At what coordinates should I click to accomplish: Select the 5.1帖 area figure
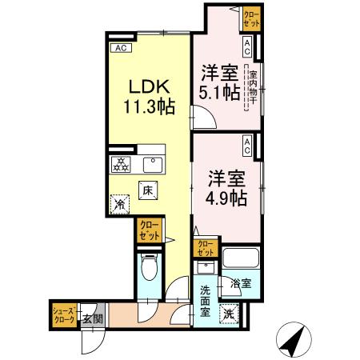click(218, 91)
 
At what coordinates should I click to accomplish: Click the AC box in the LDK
click(122, 49)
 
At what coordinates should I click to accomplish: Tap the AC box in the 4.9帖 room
click(248, 145)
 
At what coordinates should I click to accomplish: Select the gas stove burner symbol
click(121, 166)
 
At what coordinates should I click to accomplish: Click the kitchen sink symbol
click(150, 166)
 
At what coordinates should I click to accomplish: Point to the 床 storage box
click(147, 191)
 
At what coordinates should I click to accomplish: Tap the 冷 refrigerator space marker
click(120, 205)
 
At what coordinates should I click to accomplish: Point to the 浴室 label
click(241, 283)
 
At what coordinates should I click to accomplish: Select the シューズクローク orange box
click(64, 314)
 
